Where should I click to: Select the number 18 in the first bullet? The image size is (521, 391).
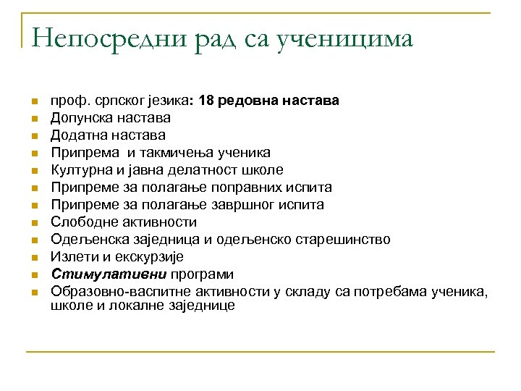[x=206, y=100]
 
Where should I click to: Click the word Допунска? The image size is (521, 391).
[x=80, y=117]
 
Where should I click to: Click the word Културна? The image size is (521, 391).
[x=80, y=169]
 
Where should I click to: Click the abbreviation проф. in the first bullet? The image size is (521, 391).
[x=65, y=100]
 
